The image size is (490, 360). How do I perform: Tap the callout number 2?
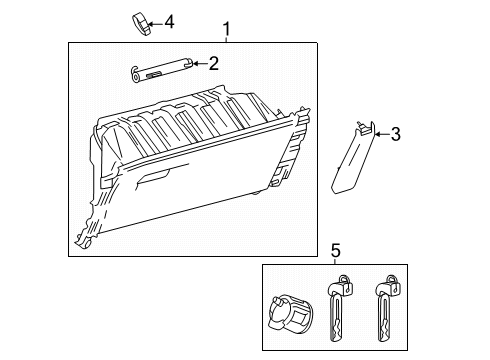pyautogui.click(x=212, y=64)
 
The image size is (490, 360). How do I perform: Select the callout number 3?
pyautogui.click(x=395, y=133)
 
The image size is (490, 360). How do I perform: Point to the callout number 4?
pyautogui.click(x=169, y=20)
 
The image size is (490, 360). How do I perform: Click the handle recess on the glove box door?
pyautogui.click(x=157, y=179)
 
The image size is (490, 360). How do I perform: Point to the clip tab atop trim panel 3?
pyautogui.click(x=365, y=125)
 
